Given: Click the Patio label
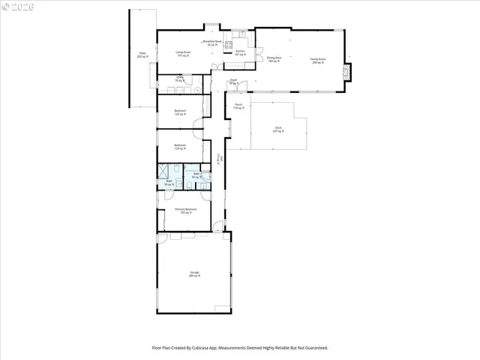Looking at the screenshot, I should [142, 55].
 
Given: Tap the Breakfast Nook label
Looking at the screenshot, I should [213, 43].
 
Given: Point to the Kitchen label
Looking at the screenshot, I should [241, 52].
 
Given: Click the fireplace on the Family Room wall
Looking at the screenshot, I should [346, 72].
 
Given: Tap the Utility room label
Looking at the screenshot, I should [180, 78].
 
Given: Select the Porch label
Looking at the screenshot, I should [238, 106].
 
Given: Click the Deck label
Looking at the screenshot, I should [277, 129].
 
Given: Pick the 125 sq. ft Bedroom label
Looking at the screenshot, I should [180, 113].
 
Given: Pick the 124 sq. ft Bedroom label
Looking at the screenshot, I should [180, 146].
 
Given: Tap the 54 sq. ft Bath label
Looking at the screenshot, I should [169, 181].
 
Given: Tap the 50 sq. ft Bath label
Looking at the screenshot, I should [196, 175].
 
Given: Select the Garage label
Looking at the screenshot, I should [193, 274].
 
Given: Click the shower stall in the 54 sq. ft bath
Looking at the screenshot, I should [163, 172].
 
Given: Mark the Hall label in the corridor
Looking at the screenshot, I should [221, 158].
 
